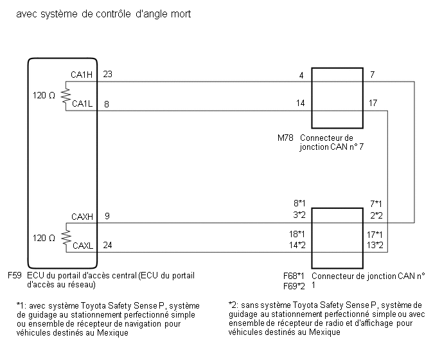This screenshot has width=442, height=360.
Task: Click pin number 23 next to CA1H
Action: point(107,75)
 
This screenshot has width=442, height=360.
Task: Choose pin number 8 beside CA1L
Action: point(105,103)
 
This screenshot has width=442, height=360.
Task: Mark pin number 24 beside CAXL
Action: point(107,245)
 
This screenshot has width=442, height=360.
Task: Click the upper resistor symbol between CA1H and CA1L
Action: point(66,96)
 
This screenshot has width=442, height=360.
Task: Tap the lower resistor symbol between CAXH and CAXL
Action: point(66,239)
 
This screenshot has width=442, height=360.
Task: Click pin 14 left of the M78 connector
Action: point(300,103)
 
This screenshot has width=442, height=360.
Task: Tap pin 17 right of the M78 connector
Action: point(373,103)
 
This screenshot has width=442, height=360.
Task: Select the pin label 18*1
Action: point(296,235)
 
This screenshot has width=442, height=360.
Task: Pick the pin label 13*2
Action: point(375,245)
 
